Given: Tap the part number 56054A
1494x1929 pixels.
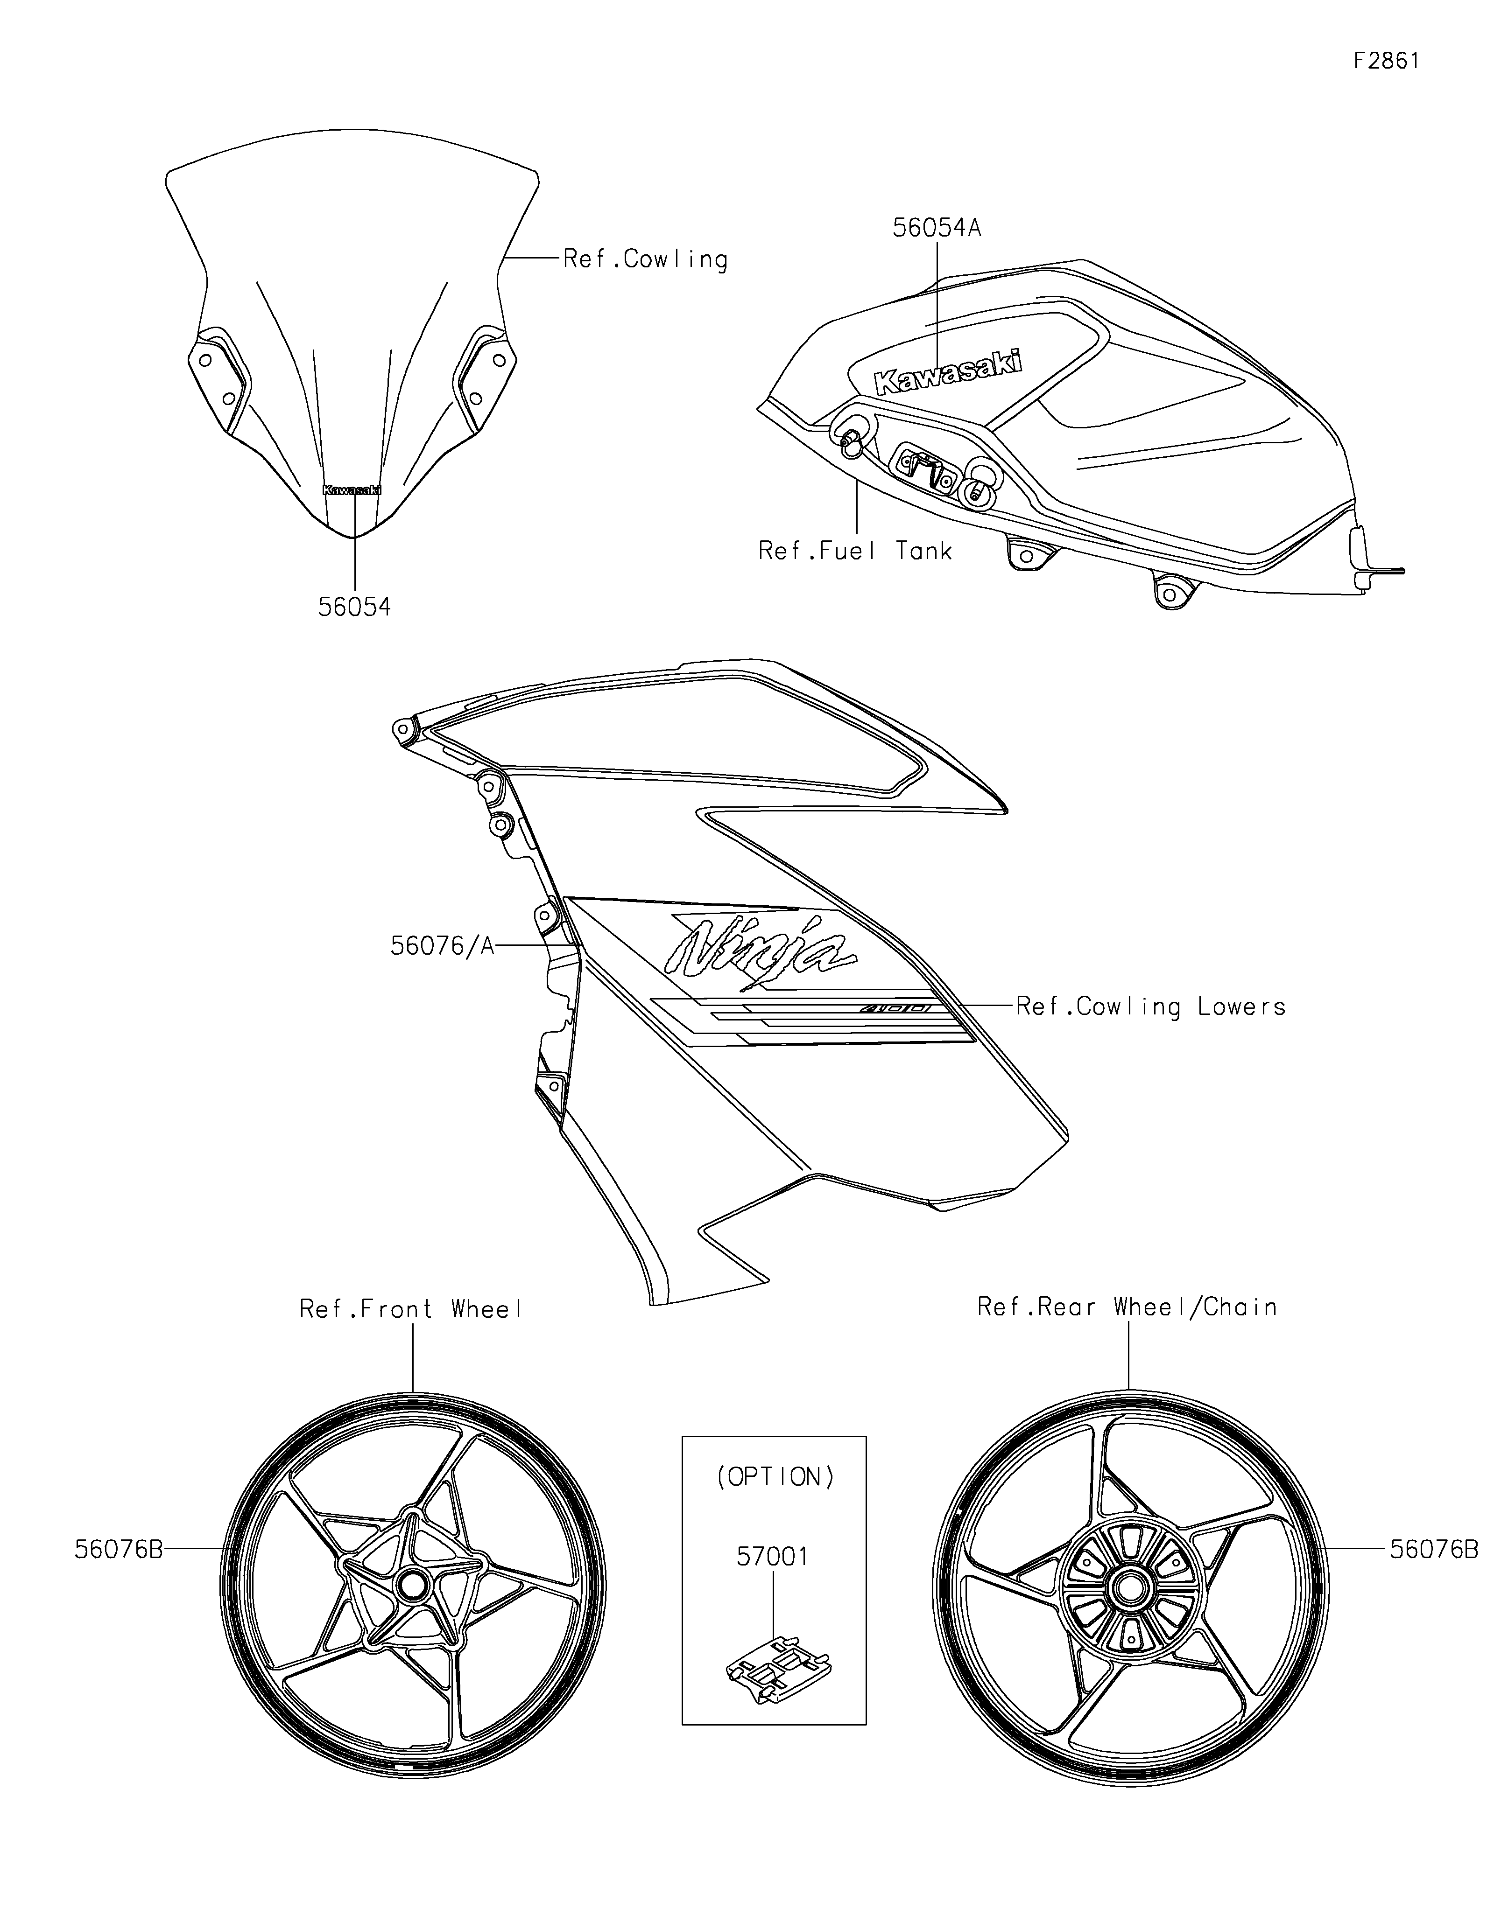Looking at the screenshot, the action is point(937,228).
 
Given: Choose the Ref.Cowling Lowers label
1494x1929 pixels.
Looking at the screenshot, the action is point(1150,1007).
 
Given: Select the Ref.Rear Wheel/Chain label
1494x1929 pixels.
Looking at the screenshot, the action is point(1128,1307).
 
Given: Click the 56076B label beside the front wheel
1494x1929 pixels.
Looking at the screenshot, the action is point(119,1549).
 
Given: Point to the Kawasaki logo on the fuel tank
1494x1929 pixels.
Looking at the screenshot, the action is point(948,371).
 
